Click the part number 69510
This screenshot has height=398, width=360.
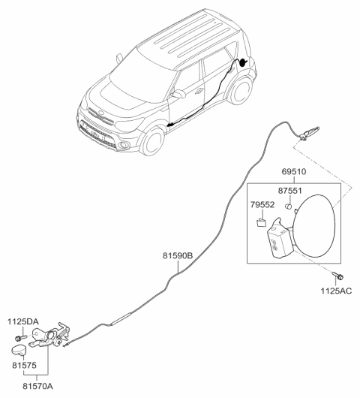294,172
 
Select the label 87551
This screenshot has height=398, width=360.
289,191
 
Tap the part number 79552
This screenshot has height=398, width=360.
262,204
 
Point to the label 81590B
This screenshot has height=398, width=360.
178,255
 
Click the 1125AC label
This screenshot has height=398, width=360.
337,291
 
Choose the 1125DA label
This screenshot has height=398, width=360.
23,321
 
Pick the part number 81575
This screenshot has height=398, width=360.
24,366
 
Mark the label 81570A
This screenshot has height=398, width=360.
38,386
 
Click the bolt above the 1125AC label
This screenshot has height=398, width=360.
337,276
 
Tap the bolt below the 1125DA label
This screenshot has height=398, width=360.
21,338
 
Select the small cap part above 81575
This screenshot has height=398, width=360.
19,350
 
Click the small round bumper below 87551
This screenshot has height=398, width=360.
288,206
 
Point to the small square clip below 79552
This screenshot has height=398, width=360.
262,222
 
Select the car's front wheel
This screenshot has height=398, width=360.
152,140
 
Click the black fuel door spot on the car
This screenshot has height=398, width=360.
243,62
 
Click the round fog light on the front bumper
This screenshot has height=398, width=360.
124,145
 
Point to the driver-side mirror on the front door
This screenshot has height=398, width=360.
178,94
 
